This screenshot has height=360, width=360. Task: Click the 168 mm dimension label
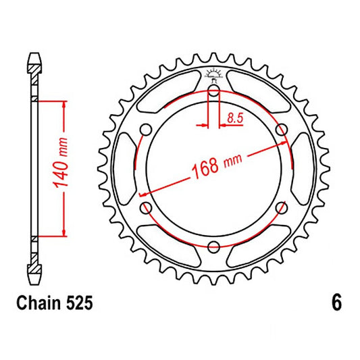pos(217,166)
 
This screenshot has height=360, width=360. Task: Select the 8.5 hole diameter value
pos(235,119)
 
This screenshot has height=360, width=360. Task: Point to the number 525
pos(80,303)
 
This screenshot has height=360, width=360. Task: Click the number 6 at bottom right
pos(336,303)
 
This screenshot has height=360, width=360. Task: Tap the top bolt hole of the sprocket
pos(213,91)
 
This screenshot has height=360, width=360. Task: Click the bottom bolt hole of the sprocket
pos(213,247)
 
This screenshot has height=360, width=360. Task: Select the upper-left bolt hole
pos(146,130)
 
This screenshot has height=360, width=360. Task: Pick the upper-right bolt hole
pos(282,130)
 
